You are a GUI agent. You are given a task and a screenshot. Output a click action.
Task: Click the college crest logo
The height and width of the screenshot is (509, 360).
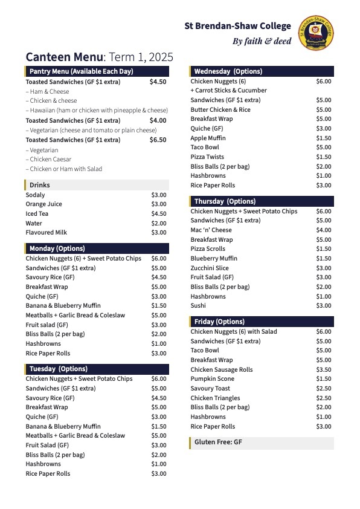click(316, 33)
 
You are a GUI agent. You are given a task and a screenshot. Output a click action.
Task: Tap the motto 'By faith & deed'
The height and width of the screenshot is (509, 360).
click(262, 42)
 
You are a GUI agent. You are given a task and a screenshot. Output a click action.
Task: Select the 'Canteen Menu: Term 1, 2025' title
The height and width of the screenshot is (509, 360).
click(99, 57)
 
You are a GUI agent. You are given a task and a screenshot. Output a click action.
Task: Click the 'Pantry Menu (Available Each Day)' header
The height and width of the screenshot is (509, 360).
click(82, 71)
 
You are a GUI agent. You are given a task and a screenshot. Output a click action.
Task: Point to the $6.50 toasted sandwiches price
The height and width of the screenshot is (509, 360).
click(158, 140)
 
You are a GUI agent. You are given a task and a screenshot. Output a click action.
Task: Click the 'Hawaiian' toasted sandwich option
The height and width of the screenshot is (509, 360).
click(97, 110)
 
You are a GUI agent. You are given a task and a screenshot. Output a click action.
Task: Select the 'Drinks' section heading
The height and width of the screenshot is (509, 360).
click(40, 185)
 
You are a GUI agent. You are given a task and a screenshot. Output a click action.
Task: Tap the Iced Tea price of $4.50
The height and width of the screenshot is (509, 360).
click(159, 213)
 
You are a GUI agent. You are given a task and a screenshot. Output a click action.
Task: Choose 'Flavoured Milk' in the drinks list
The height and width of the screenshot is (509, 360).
click(46, 232)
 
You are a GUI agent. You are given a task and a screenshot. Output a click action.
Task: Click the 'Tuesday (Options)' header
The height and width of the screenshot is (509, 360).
click(58, 369)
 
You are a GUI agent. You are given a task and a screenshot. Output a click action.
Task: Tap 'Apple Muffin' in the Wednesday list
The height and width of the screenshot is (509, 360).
click(208, 138)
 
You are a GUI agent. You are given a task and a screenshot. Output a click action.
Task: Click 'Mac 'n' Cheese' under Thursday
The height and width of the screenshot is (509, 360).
click(211, 230)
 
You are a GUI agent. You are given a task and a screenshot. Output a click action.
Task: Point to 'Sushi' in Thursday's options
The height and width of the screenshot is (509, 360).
click(198, 305)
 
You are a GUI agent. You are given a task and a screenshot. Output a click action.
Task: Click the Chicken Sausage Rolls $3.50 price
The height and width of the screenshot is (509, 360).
click(324, 369)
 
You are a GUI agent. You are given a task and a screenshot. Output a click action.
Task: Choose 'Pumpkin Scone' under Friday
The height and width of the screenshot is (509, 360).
click(212, 378)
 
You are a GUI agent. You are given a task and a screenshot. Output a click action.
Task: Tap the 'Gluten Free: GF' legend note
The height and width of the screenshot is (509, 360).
click(218, 443)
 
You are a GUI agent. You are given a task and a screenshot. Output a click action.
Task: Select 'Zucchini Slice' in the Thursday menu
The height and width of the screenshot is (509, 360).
click(210, 268)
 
